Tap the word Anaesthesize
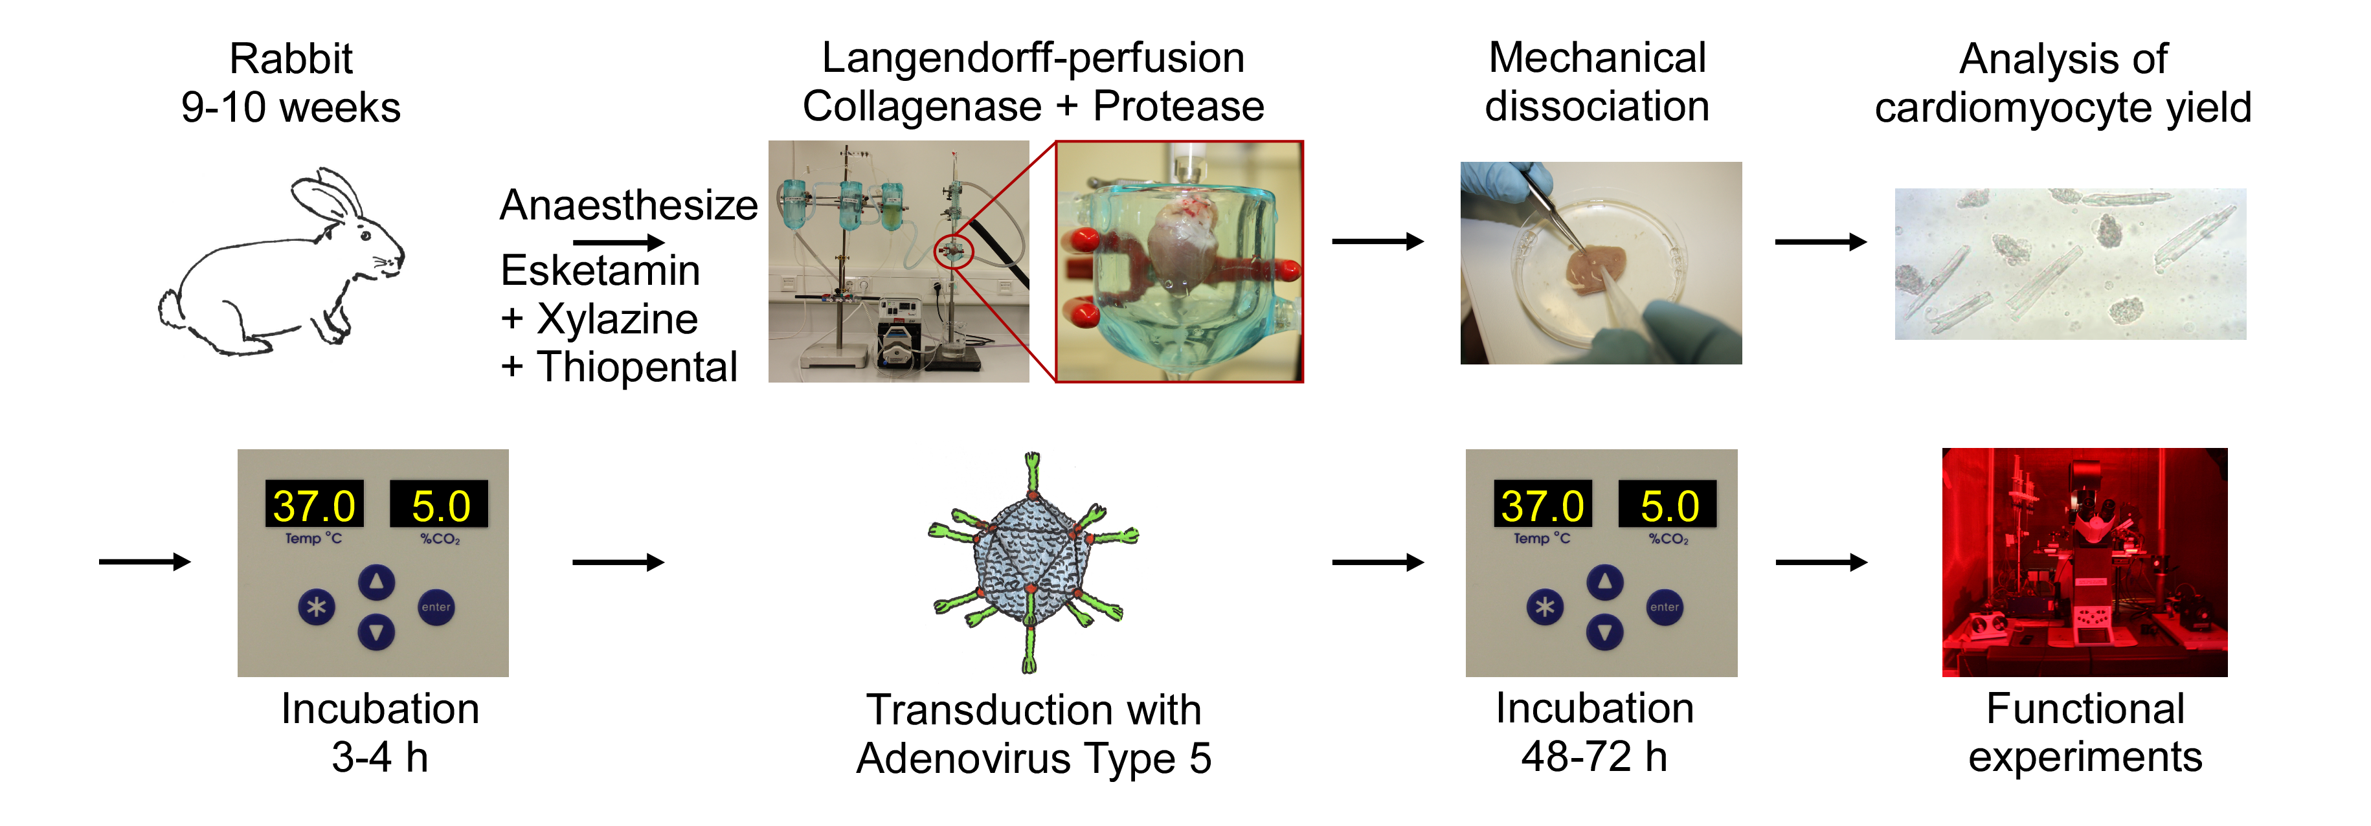(629, 205)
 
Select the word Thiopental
(637, 367)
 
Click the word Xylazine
(616, 319)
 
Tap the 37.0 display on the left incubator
(314, 505)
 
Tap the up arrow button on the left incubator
(376, 581)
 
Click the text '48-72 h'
(1594, 757)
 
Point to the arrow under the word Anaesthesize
(618, 243)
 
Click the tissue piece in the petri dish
(1594, 271)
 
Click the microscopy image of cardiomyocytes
(2070, 264)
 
